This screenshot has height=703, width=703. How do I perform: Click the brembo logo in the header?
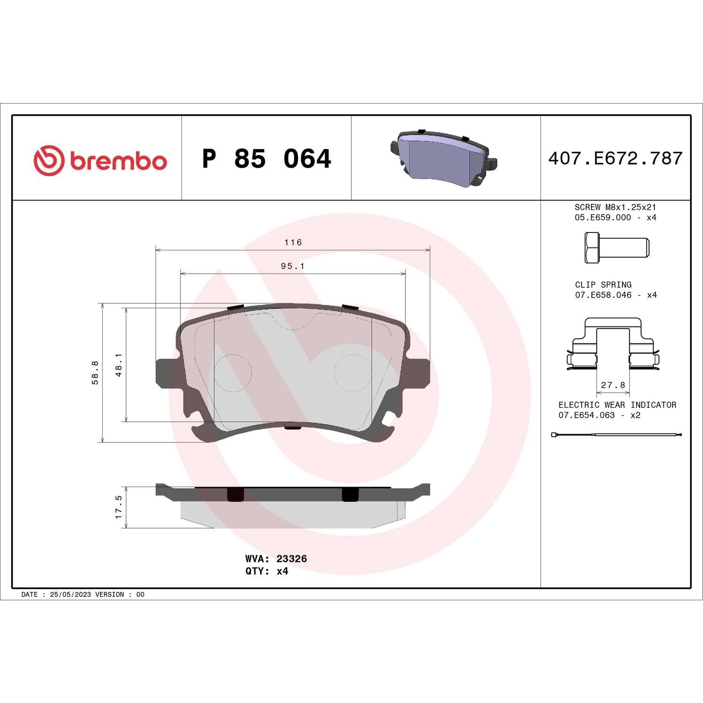click(100, 160)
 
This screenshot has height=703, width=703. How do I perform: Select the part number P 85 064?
click(266, 158)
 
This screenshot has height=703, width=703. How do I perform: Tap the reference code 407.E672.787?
click(615, 158)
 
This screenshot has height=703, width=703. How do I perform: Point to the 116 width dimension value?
click(293, 242)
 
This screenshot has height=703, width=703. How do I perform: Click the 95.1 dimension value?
click(293, 266)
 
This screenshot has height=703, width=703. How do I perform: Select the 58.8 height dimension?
click(95, 373)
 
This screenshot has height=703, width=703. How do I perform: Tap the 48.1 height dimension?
click(119, 365)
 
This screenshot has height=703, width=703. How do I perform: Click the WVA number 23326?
click(292, 559)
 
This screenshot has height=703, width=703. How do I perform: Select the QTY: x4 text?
click(267, 571)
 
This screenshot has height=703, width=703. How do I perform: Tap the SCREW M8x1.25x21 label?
click(615, 207)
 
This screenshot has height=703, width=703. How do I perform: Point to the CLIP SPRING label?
click(603, 285)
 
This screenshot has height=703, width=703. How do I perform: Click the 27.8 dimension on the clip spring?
click(613, 385)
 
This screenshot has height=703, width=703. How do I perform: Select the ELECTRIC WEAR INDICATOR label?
click(617, 405)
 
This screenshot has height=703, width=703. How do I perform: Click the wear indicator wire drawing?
click(616, 435)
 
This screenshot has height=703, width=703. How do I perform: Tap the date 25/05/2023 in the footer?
click(70, 594)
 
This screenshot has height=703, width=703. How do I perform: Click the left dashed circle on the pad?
click(233, 373)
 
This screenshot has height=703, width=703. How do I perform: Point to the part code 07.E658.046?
click(603, 295)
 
